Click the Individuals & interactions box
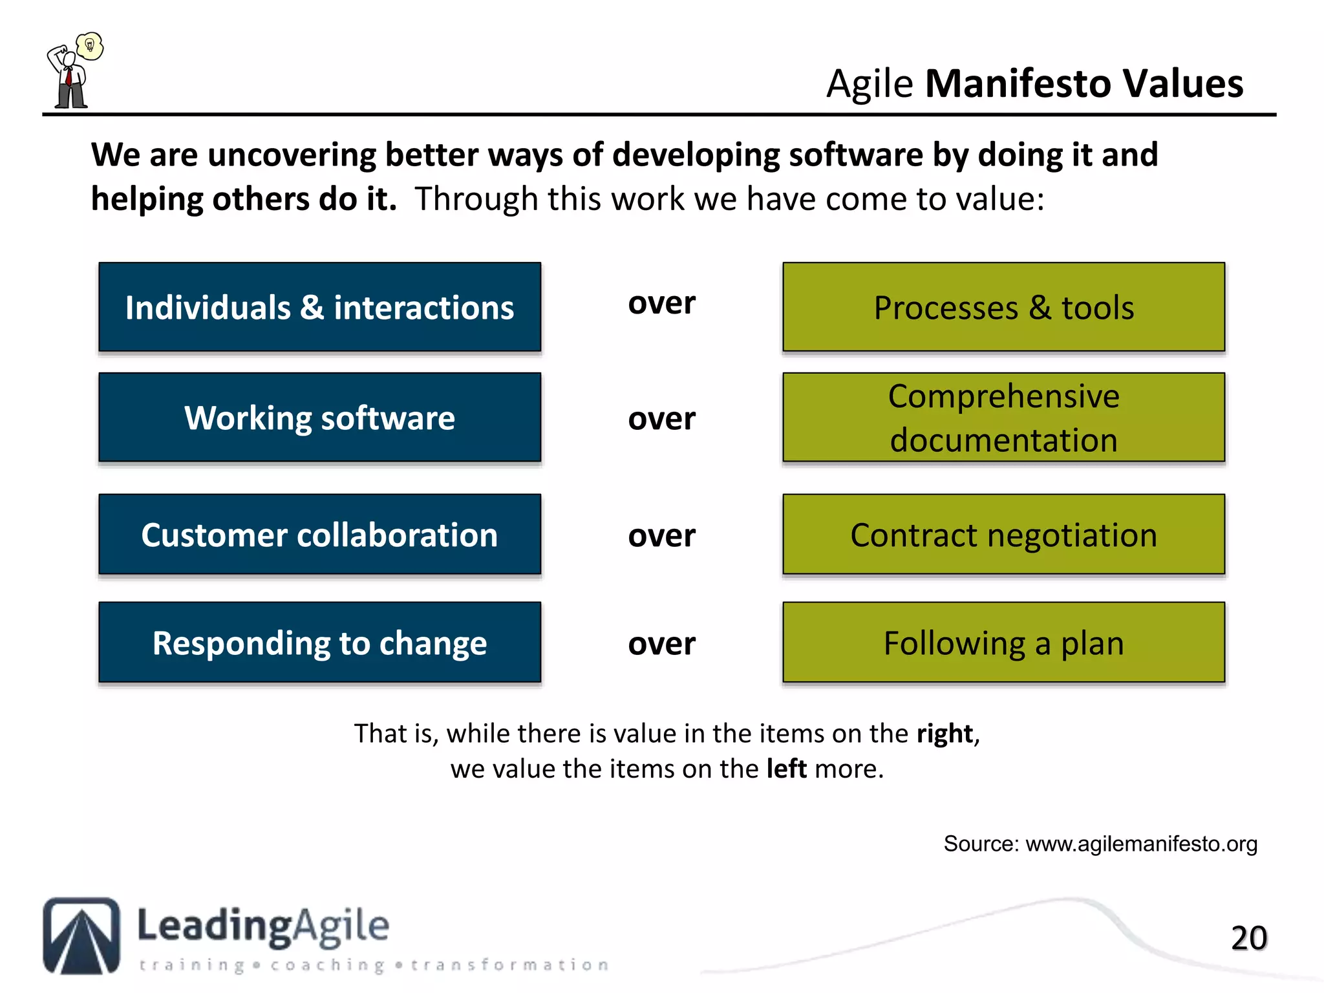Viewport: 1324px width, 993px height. click(319, 307)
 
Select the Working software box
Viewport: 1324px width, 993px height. click(319, 418)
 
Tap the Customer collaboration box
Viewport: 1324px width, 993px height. click(319, 535)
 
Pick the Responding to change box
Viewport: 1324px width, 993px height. click(319, 643)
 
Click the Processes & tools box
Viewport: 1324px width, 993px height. click(1003, 307)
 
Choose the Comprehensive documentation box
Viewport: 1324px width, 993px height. click(1003, 418)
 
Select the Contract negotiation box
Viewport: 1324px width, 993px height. click(1003, 535)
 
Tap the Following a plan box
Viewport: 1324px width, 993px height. click(1003, 643)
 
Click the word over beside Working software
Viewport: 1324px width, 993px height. click(661, 419)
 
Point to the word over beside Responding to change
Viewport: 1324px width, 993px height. click(661, 644)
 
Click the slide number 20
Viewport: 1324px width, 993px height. click(1248, 938)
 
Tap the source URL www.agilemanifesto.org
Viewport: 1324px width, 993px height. click(1141, 844)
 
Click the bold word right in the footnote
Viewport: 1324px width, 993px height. click(945, 734)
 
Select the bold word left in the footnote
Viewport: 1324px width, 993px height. click(786, 769)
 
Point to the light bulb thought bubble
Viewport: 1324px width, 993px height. click(90, 46)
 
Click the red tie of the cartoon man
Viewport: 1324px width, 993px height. click(68, 78)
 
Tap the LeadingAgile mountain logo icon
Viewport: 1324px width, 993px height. click(81, 935)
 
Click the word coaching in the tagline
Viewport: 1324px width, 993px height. click(327, 965)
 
